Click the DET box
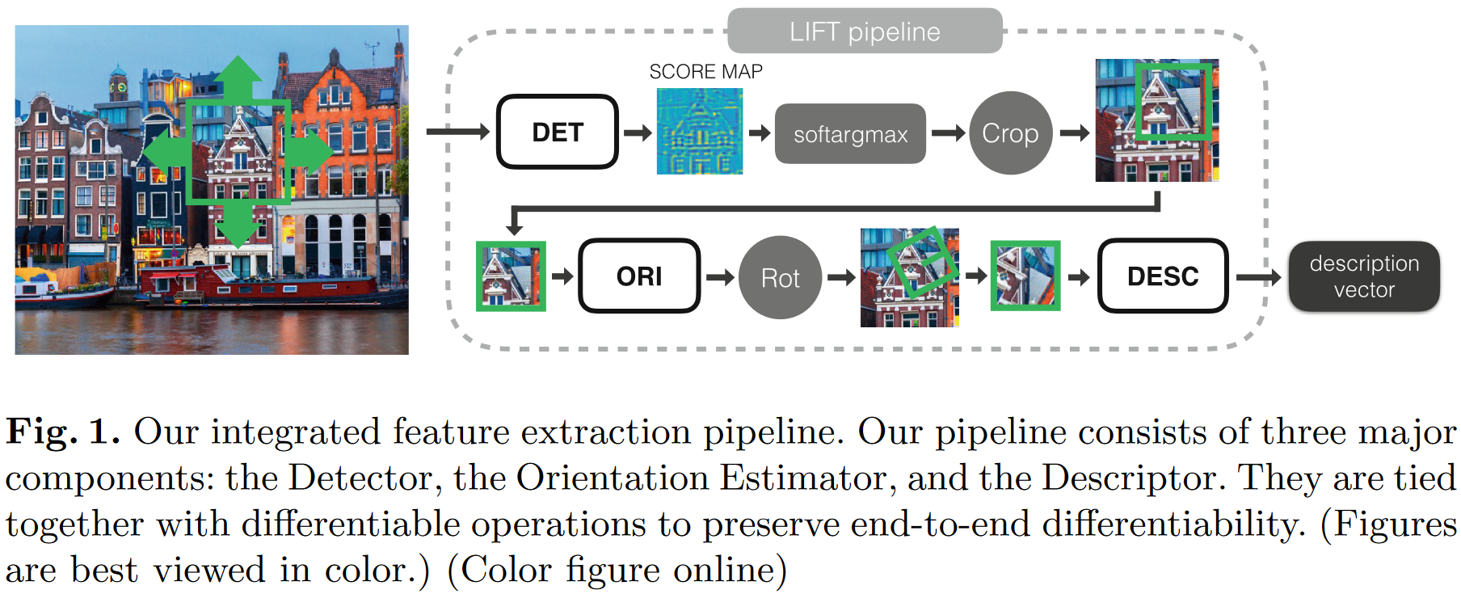tap(558, 132)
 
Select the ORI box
tap(639, 276)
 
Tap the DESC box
tap(1162, 276)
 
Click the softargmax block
tap(850, 134)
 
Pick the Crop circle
tap(1010, 133)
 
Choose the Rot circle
tap(780, 277)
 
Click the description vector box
tap(1364, 276)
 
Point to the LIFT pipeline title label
tap(865, 32)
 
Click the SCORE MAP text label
tap(705, 72)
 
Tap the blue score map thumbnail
tap(700, 132)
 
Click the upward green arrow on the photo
tap(238, 77)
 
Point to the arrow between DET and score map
tap(638, 133)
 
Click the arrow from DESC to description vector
tap(1257, 277)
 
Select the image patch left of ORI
tap(511, 276)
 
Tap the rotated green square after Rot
tap(921, 261)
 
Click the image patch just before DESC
tap(1025, 276)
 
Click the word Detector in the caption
tap(364, 478)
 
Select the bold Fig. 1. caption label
tap(62, 432)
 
